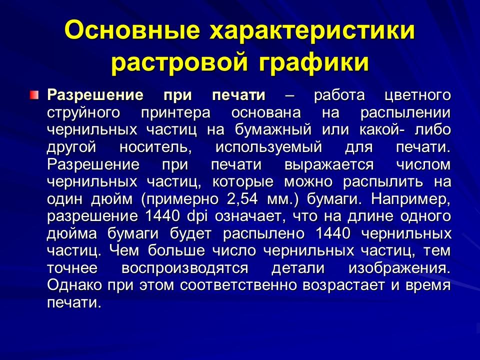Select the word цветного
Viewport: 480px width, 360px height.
pyautogui.click(x=415, y=95)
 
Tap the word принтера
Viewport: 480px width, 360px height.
pyautogui.click(x=169, y=113)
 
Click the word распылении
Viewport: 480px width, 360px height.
pyautogui.click(x=405, y=113)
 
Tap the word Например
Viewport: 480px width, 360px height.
pyautogui.click(x=410, y=199)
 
